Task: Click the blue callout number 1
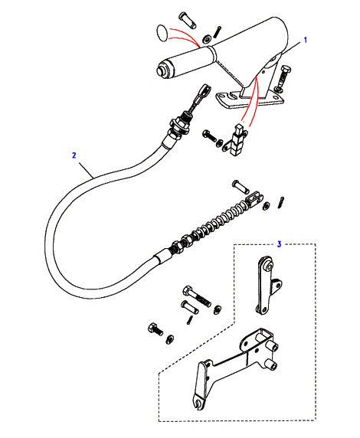[x=305, y=40]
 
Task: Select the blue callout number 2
[x=74, y=155]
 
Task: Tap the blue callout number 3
[x=279, y=244]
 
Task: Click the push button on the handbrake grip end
[x=161, y=70]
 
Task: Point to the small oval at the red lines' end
[x=162, y=33]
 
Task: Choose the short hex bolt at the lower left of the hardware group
[x=155, y=329]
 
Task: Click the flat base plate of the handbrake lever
[x=250, y=100]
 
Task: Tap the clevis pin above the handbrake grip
[x=187, y=20]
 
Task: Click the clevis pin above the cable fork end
[x=241, y=186]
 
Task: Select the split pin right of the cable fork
[x=281, y=202]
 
